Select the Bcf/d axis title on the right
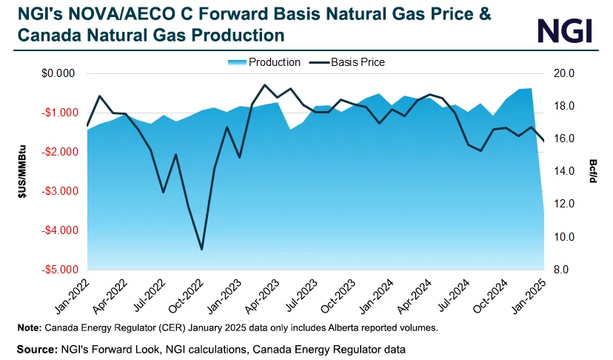[594, 171]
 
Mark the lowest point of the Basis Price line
[201, 249]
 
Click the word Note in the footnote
[27, 327]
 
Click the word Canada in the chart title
[45, 35]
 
